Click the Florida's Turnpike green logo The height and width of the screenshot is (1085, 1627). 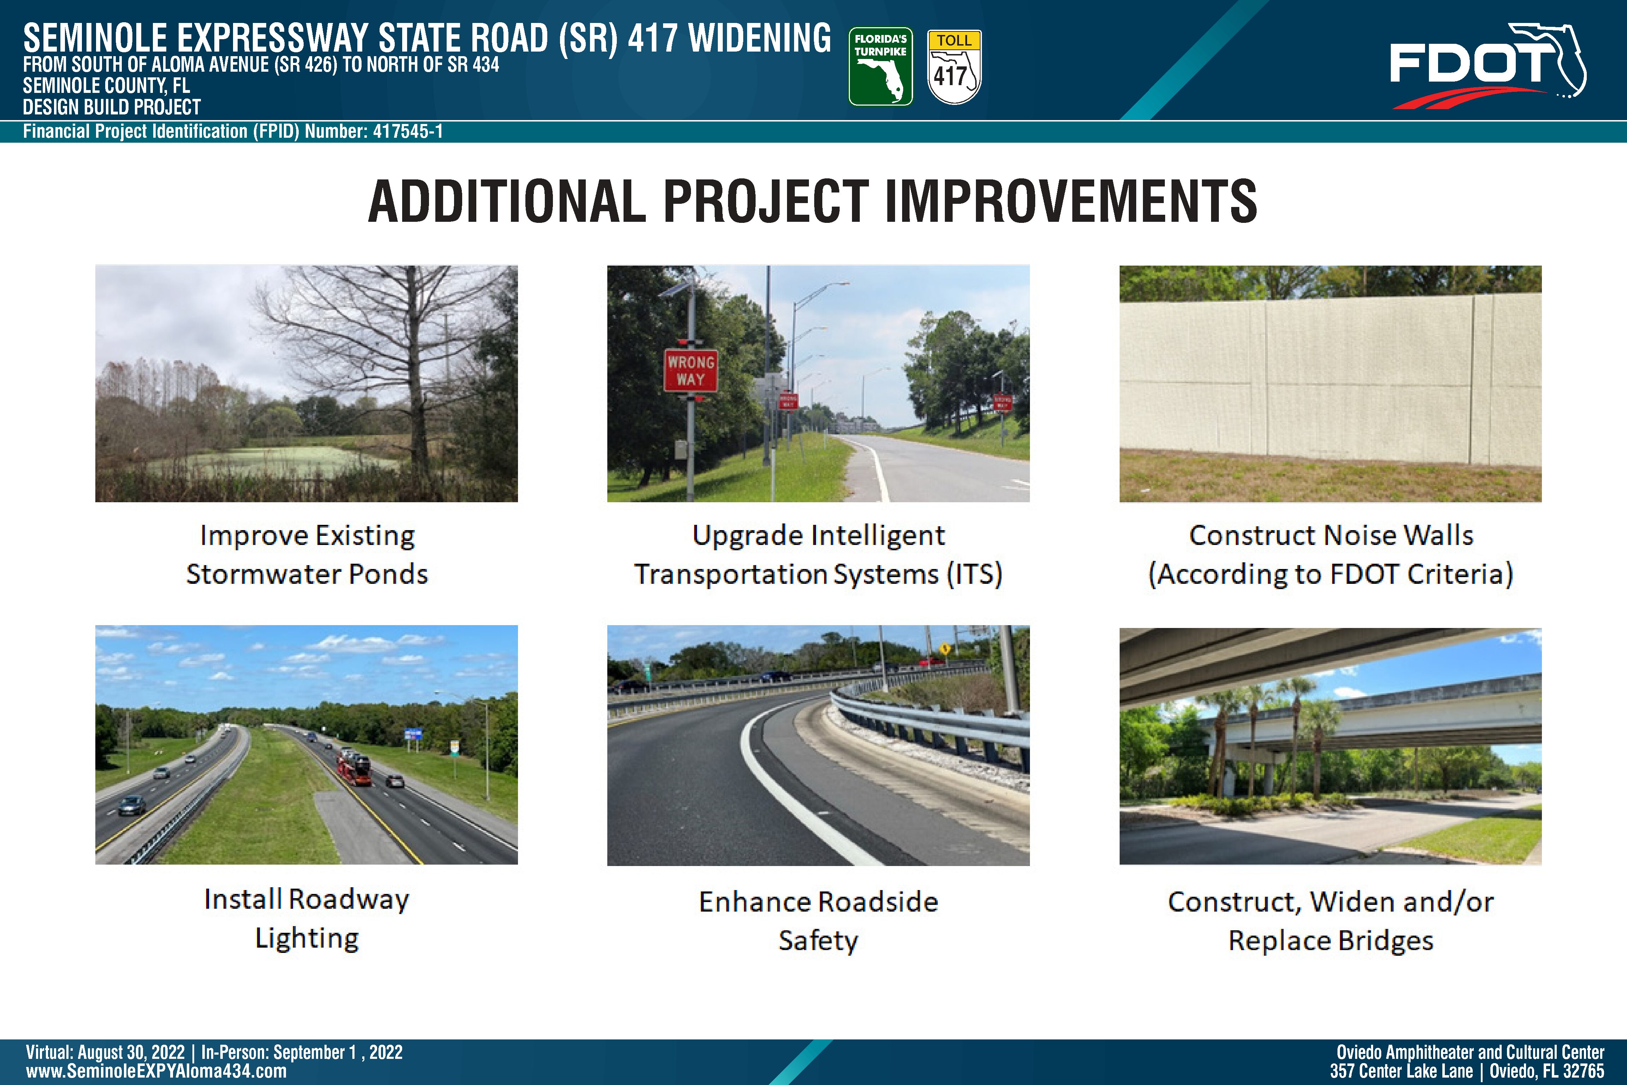[881, 66]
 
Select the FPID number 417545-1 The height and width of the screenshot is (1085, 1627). [408, 131]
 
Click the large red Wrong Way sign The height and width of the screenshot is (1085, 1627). [690, 370]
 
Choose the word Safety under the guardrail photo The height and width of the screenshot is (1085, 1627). [818, 941]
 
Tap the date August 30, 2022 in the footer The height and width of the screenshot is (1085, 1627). [131, 1053]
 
